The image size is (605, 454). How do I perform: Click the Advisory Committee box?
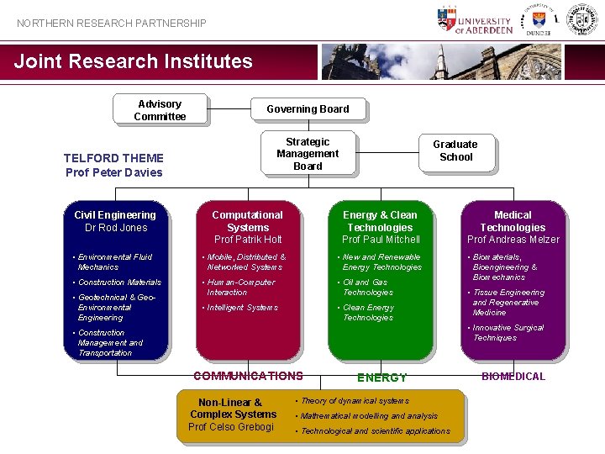coord(160,110)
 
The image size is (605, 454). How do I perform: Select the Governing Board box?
coord(308,108)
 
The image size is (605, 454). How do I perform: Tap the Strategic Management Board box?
coord(308,154)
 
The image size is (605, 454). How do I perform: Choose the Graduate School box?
coord(455,150)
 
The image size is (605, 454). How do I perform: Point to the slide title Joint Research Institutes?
coord(134,61)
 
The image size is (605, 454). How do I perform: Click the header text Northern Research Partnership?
coord(112,24)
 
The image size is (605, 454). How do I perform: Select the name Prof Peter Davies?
coord(114,172)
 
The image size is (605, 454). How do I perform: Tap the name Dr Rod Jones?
coord(116,228)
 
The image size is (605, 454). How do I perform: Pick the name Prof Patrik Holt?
coord(248,240)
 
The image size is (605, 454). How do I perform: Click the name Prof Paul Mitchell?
coord(381,240)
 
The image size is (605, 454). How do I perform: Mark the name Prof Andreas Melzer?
coord(513,240)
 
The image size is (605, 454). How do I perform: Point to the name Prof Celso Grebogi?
coord(231,427)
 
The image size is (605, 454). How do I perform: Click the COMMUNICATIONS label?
coord(248,376)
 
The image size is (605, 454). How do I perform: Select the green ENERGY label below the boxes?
coord(381,377)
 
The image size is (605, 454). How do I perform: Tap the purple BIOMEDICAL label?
coord(513,377)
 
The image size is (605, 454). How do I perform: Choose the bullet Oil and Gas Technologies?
coord(367,288)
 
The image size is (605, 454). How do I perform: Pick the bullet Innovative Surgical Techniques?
coord(508,333)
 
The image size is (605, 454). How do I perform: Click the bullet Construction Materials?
coord(119,282)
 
